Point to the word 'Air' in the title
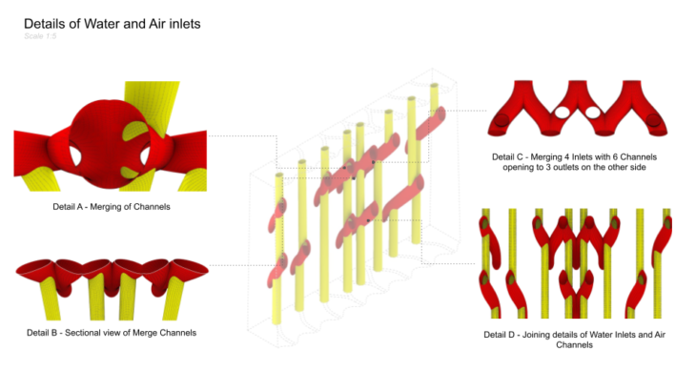(x=159, y=23)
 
